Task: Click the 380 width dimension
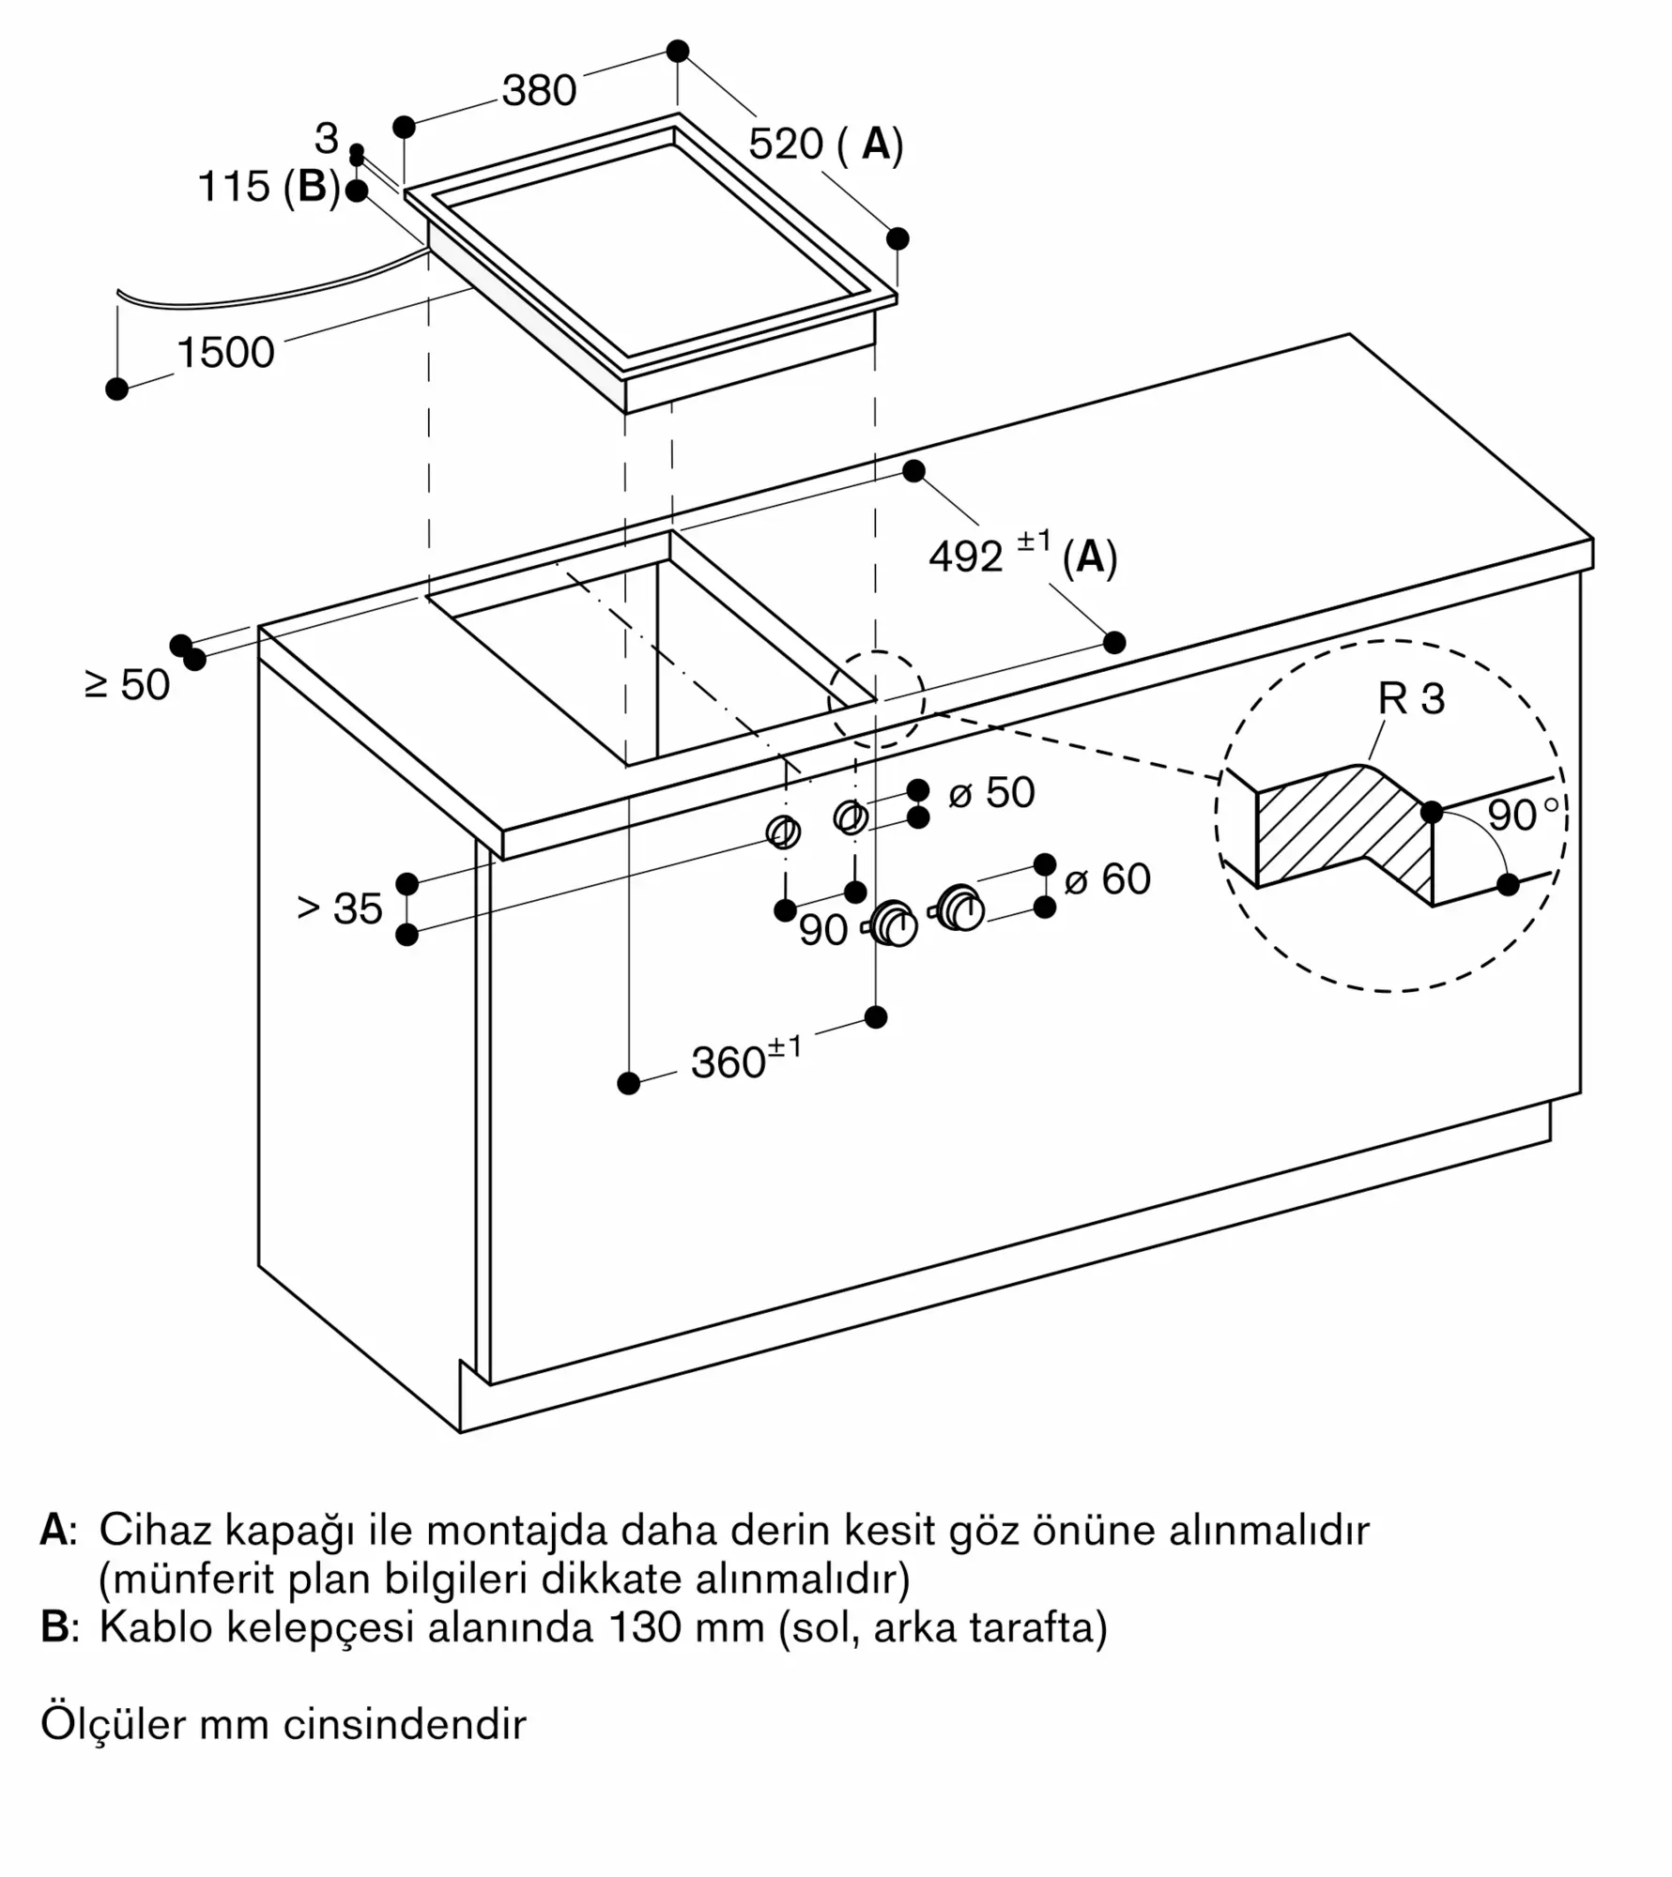pyautogui.click(x=539, y=91)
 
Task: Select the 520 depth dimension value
pyautogui.click(x=786, y=145)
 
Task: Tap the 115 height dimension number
pyautogui.click(x=234, y=186)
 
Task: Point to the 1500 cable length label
pyautogui.click(x=225, y=353)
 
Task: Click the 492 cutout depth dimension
pyautogui.click(x=966, y=557)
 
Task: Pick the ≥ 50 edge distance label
pyautogui.click(x=128, y=685)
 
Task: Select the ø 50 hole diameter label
pyautogui.click(x=991, y=793)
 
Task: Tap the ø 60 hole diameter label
pyautogui.click(x=1108, y=879)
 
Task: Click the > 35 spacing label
pyautogui.click(x=340, y=908)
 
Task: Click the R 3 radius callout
pyautogui.click(x=1411, y=698)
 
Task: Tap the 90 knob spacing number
pyautogui.click(x=823, y=930)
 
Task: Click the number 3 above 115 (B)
pyautogui.click(x=326, y=139)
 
